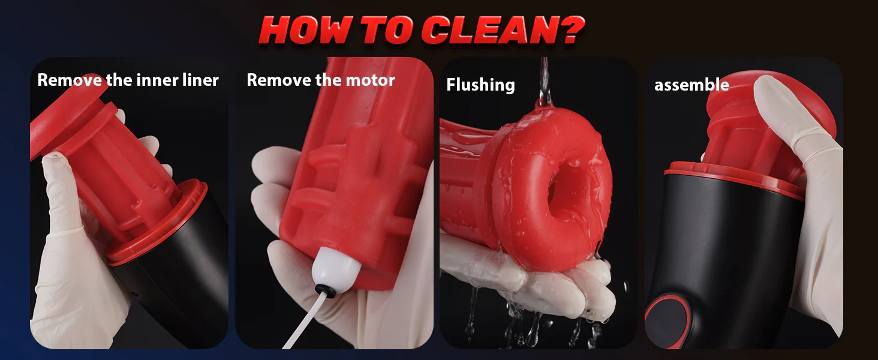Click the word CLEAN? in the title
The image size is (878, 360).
503,30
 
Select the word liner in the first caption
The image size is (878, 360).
200,80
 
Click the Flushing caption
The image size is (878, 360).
480,85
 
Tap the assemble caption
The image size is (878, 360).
691,85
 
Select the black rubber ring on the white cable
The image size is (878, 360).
325,291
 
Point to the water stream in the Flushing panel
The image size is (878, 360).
544,82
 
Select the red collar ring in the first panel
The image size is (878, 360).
157,224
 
